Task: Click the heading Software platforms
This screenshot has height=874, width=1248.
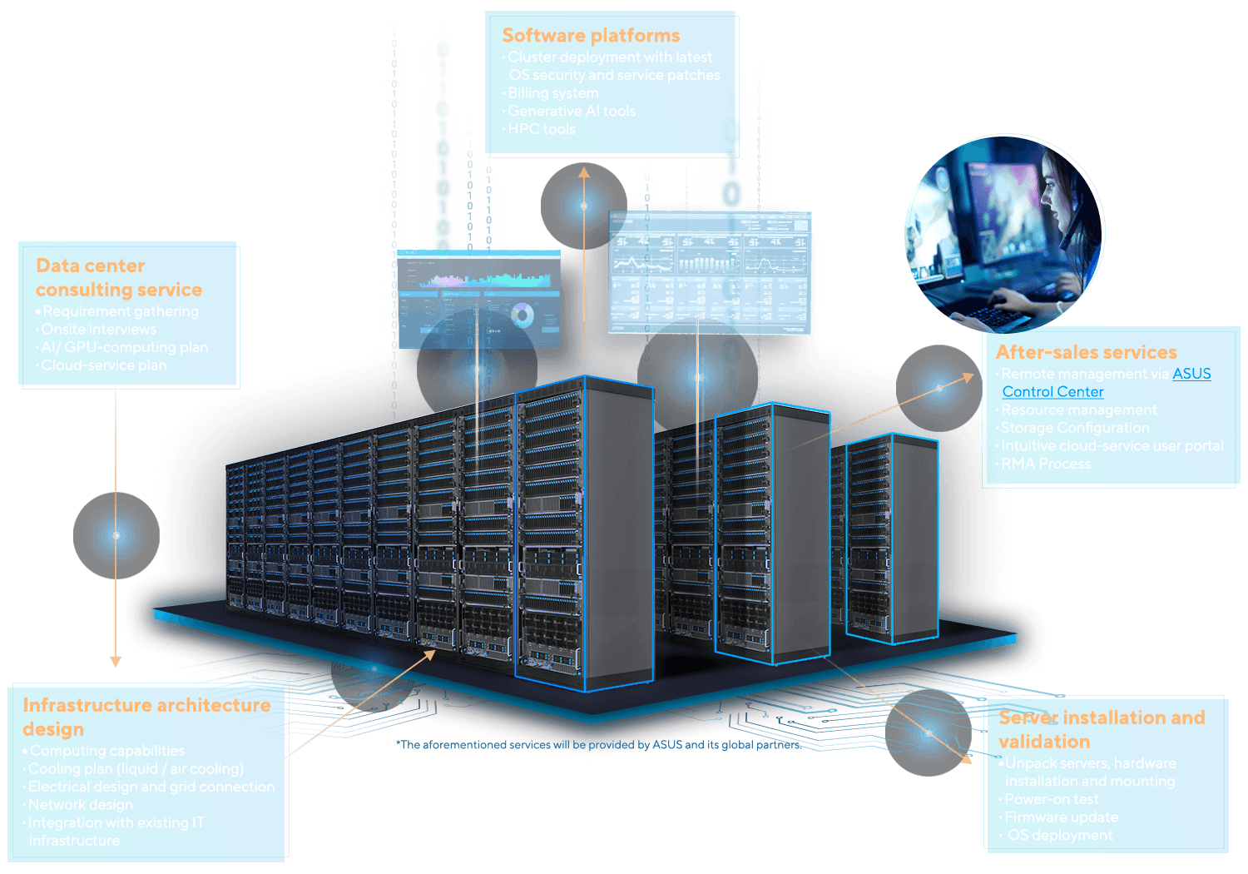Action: coord(591,36)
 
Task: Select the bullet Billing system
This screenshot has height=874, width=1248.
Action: coord(553,93)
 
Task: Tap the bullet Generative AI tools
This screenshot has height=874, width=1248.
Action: coord(572,111)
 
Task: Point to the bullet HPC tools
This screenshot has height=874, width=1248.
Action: coord(542,129)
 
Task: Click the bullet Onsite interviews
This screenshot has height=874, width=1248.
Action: coord(99,330)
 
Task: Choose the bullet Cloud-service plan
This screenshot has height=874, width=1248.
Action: coord(104,365)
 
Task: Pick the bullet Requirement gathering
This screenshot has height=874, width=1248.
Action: coord(121,311)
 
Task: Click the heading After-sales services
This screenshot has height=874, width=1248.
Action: coord(1086,352)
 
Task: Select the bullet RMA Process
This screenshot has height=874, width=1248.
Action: coord(1046,464)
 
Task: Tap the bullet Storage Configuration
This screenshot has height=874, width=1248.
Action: coord(1075,428)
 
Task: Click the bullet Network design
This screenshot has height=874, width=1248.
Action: coord(81,805)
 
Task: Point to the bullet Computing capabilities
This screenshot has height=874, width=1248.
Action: coord(107,751)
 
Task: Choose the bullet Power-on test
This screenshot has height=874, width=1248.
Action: coord(1052,799)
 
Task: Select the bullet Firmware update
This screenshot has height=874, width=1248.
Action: coord(1062,817)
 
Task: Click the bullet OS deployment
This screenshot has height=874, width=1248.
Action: coord(1060,835)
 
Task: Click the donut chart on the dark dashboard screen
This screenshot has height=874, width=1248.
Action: coord(522,315)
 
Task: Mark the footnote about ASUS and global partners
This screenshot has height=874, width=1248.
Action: coord(599,745)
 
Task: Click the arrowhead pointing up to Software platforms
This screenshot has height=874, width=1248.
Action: coord(584,172)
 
